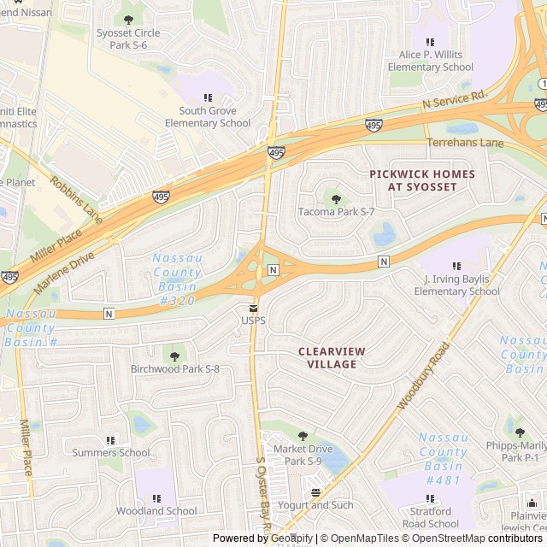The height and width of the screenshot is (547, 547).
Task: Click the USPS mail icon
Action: [253, 308]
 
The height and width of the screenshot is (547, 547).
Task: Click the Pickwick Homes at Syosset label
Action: [421, 180]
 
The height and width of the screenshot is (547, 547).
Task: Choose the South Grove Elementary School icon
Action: [208, 97]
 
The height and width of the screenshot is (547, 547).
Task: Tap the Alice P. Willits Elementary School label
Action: [430, 61]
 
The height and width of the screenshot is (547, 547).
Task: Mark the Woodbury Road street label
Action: [423, 376]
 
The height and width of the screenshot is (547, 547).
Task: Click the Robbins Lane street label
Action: [76, 200]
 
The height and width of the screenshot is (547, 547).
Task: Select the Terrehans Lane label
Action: [465, 143]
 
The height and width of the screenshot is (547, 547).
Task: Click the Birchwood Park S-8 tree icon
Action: [174, 356]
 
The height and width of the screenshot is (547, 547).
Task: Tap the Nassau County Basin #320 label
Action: [177, 279]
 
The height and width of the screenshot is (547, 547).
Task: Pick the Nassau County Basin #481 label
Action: [443, 459]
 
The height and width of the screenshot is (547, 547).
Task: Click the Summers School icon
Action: [110, 440]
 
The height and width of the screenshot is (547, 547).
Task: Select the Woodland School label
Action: [156, 511]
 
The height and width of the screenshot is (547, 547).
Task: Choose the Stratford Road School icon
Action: [430, 499]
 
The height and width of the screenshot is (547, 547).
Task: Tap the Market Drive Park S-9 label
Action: [303, 455]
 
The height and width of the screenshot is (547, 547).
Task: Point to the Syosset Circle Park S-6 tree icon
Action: [128, 20]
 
